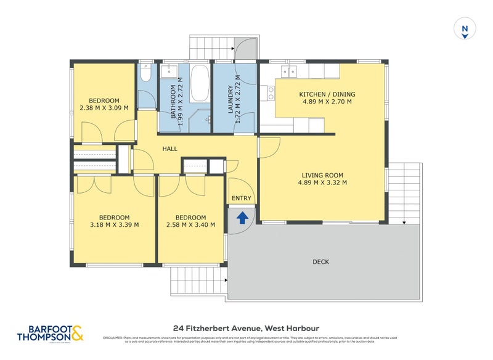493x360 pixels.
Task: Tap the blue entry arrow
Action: (242, 217)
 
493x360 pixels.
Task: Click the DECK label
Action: (320, 262)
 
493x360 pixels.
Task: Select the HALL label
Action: (170, 149)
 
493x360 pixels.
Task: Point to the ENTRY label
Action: (241, 198)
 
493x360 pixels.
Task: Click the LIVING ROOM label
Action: (322, 174)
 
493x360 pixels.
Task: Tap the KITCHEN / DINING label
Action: (327, 94)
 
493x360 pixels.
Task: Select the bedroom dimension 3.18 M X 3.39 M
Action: (114, 224)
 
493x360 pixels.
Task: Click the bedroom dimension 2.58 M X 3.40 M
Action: (190, 224)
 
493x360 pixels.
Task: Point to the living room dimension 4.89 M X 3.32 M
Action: (322, 182)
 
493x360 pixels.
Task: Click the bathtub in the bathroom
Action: (199, 84)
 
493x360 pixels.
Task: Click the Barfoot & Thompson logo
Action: (49, 333)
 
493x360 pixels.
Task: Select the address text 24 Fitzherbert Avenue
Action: (215, 328)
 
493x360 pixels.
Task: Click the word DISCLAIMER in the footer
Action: (113, 338)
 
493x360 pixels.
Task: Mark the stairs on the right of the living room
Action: (405, 191)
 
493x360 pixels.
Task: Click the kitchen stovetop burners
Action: (271, 92)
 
